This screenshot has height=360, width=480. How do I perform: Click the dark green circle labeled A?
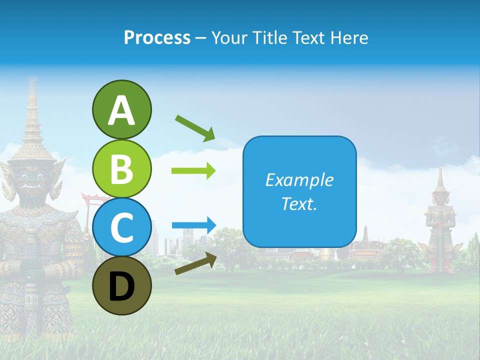(x=121, y=110)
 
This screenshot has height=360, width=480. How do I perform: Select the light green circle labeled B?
(x=121, y=168)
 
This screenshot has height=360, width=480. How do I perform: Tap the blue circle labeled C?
(x=121, y=227)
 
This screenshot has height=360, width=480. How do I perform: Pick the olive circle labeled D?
(x=121, y=285)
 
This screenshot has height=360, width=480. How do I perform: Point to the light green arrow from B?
(x=193, y=171)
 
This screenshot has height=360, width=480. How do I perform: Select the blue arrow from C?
(x=193, y=225)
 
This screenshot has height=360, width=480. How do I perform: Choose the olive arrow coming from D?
(x=195, y=263)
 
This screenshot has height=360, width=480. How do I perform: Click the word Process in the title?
(x=157, y=37)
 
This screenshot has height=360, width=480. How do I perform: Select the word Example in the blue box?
(x=299, y=180)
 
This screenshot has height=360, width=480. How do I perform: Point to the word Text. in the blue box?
(x=299, y=203)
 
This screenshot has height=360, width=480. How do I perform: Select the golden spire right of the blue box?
(x=366, y=235)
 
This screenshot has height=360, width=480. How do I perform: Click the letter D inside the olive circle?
(x=121, y=286)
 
